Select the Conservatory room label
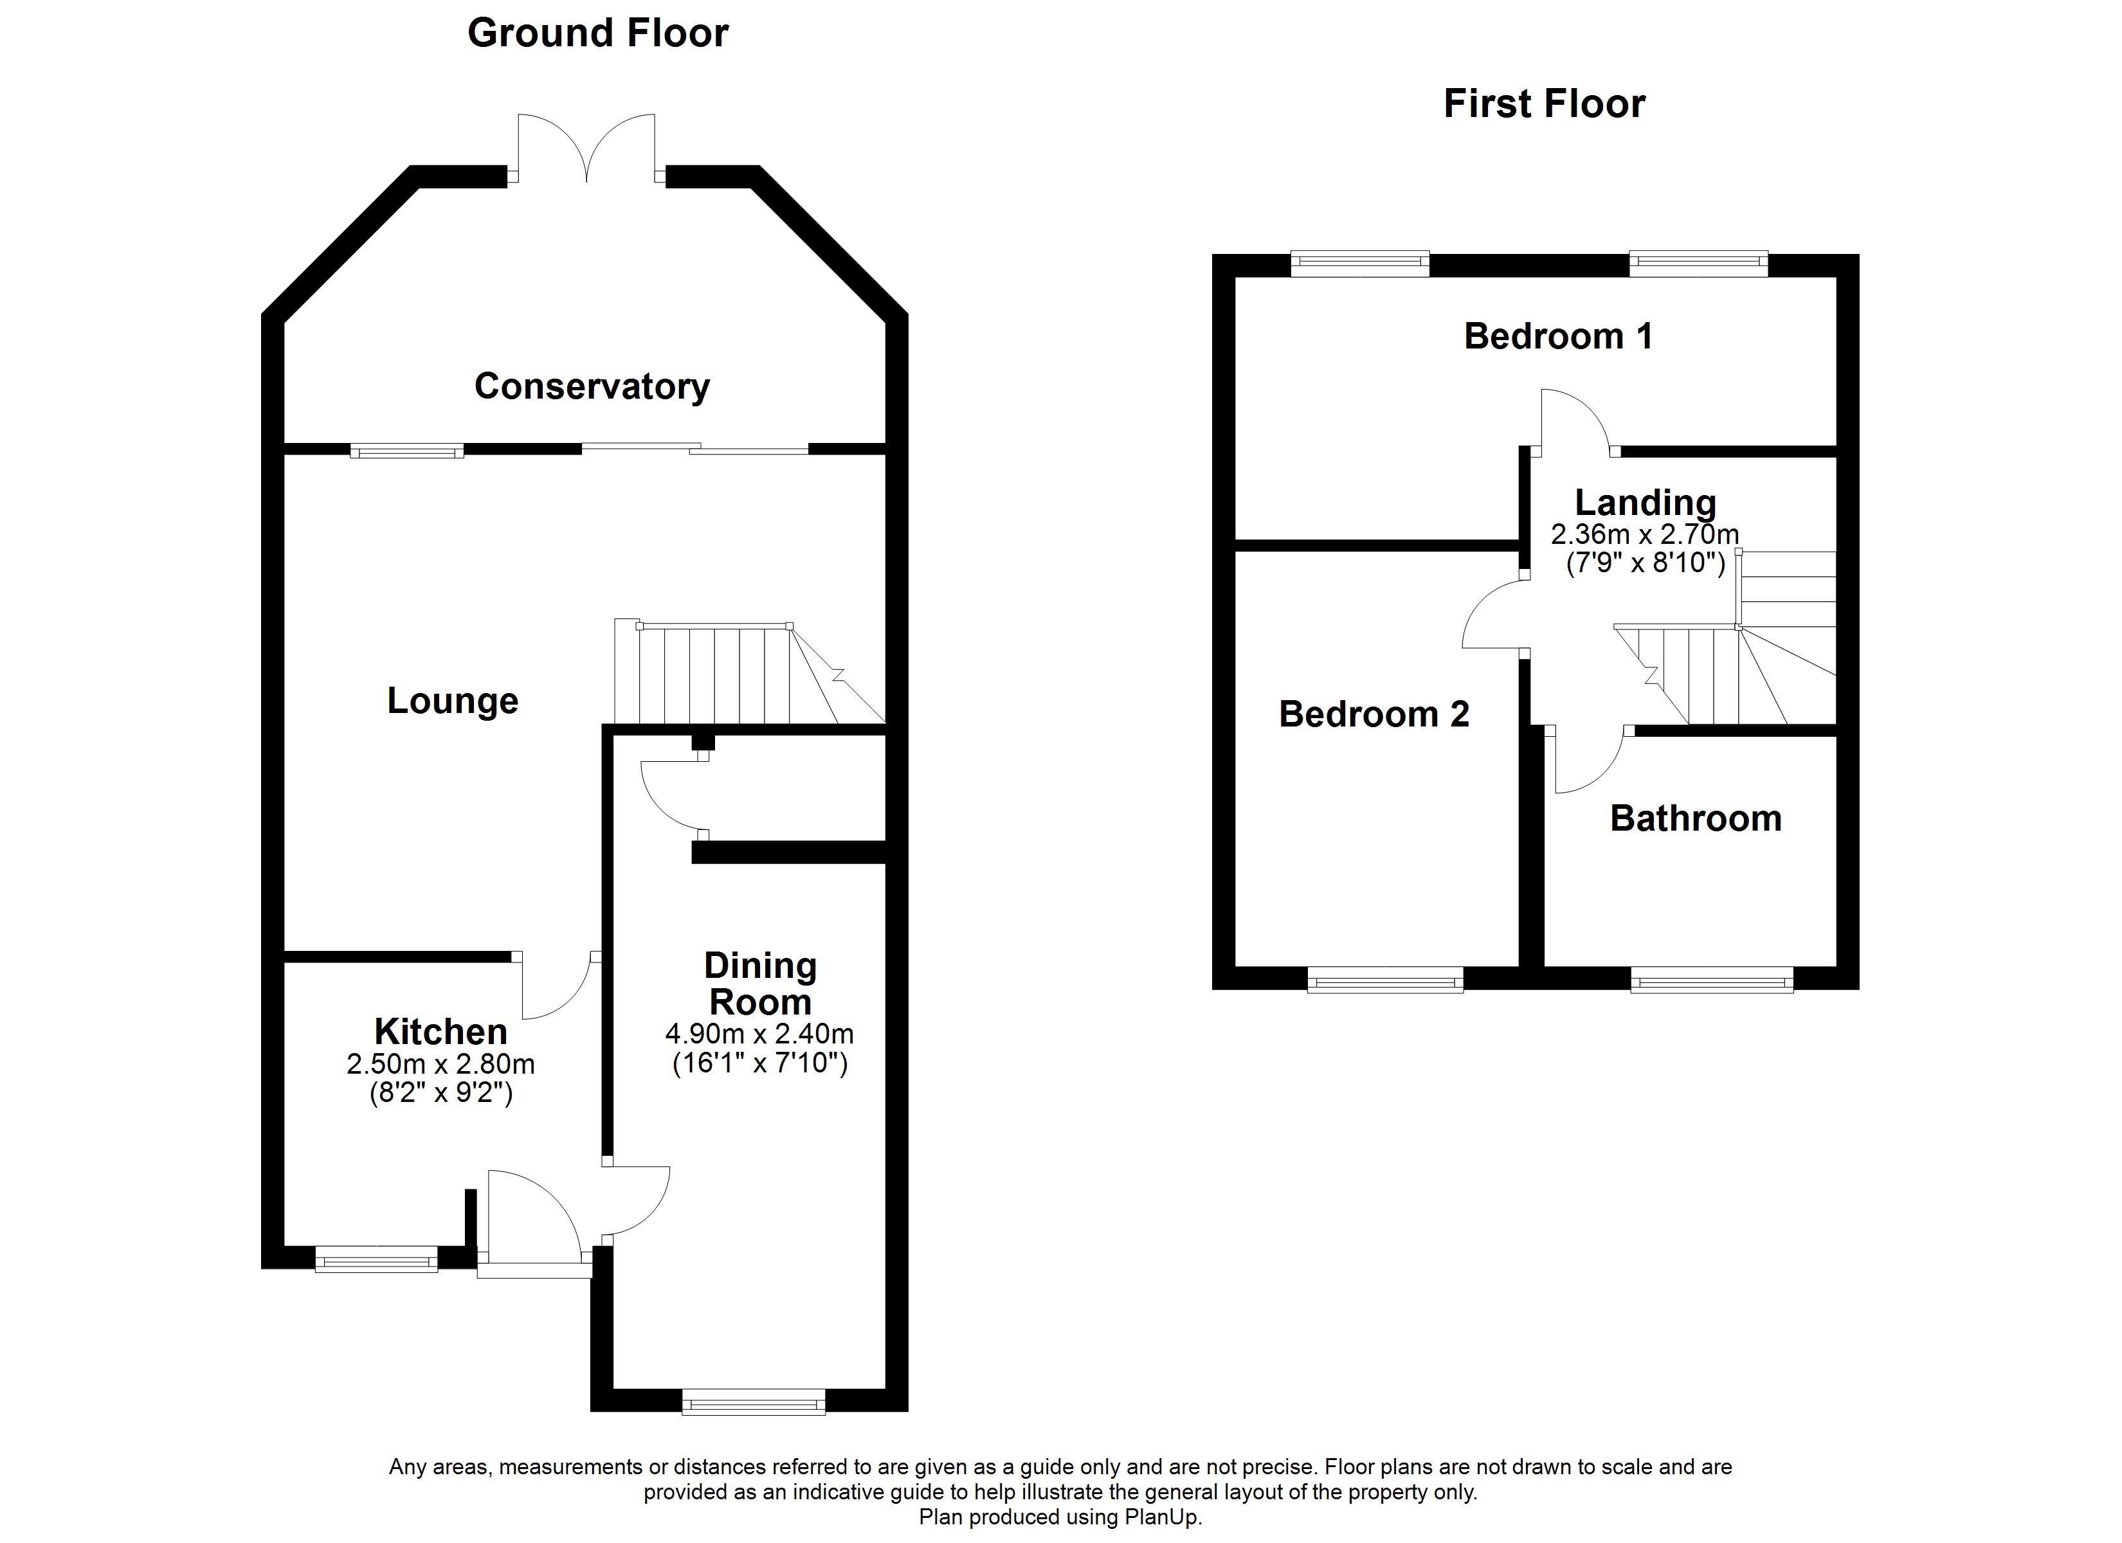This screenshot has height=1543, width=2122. [592, 386]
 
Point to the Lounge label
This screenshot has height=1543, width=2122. [453, 701]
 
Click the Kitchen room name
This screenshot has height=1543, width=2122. [440, 1031]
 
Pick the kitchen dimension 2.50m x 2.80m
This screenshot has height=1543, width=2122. [440, 1064]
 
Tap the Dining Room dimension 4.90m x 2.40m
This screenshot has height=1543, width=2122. [759, 1034]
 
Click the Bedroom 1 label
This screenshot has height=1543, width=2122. [1558, 336]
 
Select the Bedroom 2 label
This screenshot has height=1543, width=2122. [1374, 714]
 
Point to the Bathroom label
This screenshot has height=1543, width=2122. [1696, 818]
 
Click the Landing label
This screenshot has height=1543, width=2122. [1645, 503]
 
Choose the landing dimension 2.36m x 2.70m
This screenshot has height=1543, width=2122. [1645, 534]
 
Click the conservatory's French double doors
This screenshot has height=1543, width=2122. [586, 148]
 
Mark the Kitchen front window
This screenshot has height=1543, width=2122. [376, 1259]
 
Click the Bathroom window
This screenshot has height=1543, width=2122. [1712, 980]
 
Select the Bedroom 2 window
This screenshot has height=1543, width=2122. [1384, 980]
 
